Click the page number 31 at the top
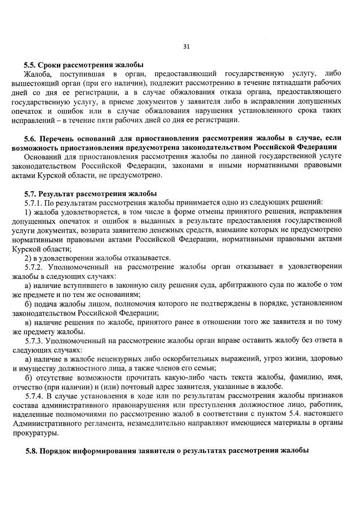click(186, 47)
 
